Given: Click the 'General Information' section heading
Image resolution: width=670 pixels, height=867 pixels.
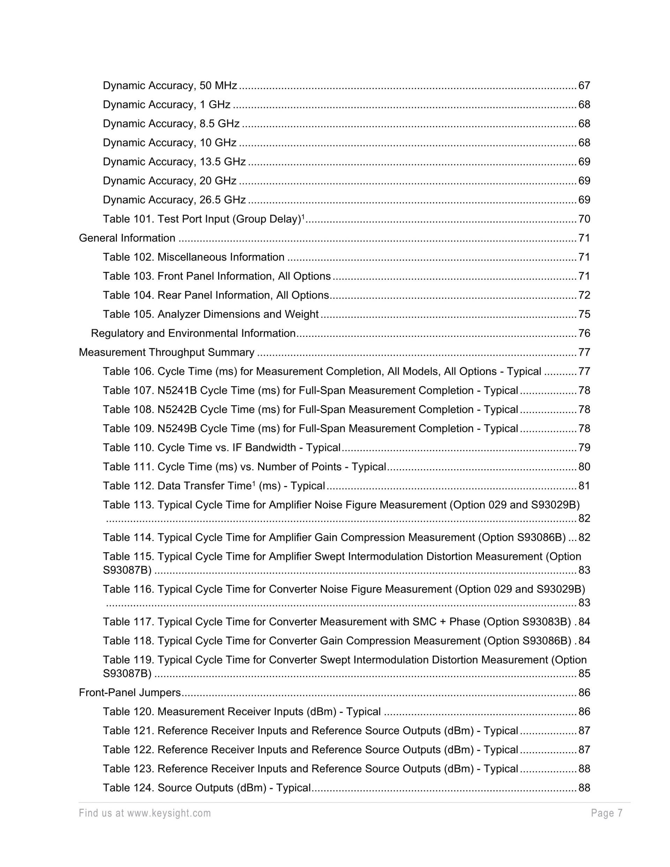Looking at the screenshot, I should coord(127,238).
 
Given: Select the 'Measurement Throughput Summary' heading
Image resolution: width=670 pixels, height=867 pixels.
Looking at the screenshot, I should coord(166,353).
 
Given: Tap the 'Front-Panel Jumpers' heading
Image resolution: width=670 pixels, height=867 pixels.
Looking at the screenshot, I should coord(130,693).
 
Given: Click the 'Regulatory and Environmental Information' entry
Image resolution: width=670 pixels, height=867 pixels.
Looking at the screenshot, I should coord(193,333).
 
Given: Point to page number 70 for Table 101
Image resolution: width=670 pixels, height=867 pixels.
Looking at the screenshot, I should coord(584,219).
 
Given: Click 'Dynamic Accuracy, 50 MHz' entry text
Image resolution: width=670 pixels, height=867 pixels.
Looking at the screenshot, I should coord(170,86).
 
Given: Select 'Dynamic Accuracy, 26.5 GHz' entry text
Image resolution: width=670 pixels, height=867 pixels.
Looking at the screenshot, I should coord(174,200).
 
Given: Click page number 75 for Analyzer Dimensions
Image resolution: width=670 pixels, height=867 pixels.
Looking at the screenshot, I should coord(584,314).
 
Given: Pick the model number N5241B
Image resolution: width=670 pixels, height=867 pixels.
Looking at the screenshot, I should coord(177,391).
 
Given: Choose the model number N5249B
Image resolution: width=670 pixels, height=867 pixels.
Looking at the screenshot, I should coord(177,429).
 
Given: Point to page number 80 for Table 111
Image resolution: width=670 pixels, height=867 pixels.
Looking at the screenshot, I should coord(584,467).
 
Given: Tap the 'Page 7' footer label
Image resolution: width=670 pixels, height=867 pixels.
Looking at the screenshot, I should coord(606,813).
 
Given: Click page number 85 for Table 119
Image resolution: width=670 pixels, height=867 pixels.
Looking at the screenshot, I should coord(584,674).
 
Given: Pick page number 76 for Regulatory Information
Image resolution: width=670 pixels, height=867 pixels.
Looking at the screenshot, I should coord(584,333).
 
